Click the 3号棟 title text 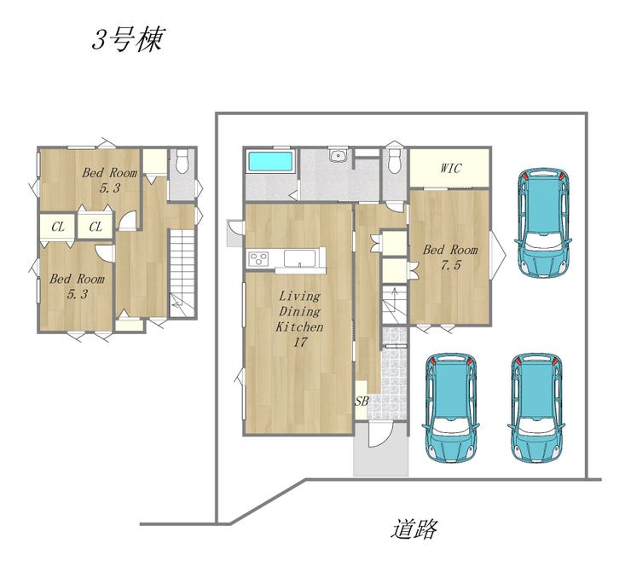pos(128,40)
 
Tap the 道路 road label pos(414,529)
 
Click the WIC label pos(450,168)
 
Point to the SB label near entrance pos(362,401)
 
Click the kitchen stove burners pos(258,258)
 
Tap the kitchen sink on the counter pos(300,258)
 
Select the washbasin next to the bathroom pos(337,155)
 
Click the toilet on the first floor pos(394,161)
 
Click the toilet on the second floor pos(182,161)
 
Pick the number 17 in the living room pos(300,343)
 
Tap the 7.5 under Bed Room pos(450,265)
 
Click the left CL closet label pos(58,228)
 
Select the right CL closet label pos(96,228)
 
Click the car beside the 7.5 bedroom pos(543,222)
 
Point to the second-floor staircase pos(182,274)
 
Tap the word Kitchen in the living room pos(300,326)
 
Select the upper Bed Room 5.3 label pos(109,180)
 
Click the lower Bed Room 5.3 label pos(78,286)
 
